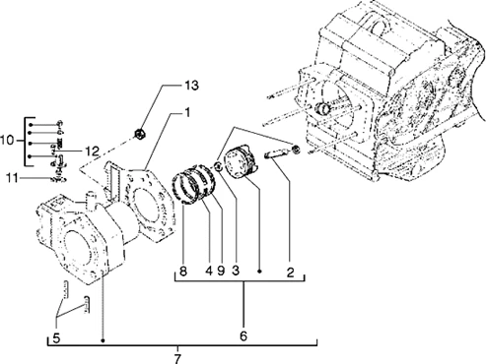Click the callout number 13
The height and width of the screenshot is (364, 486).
pyautogui.click(x=190, y=87)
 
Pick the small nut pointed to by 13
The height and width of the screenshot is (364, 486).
pyautogui.click(x=142, y=131)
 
